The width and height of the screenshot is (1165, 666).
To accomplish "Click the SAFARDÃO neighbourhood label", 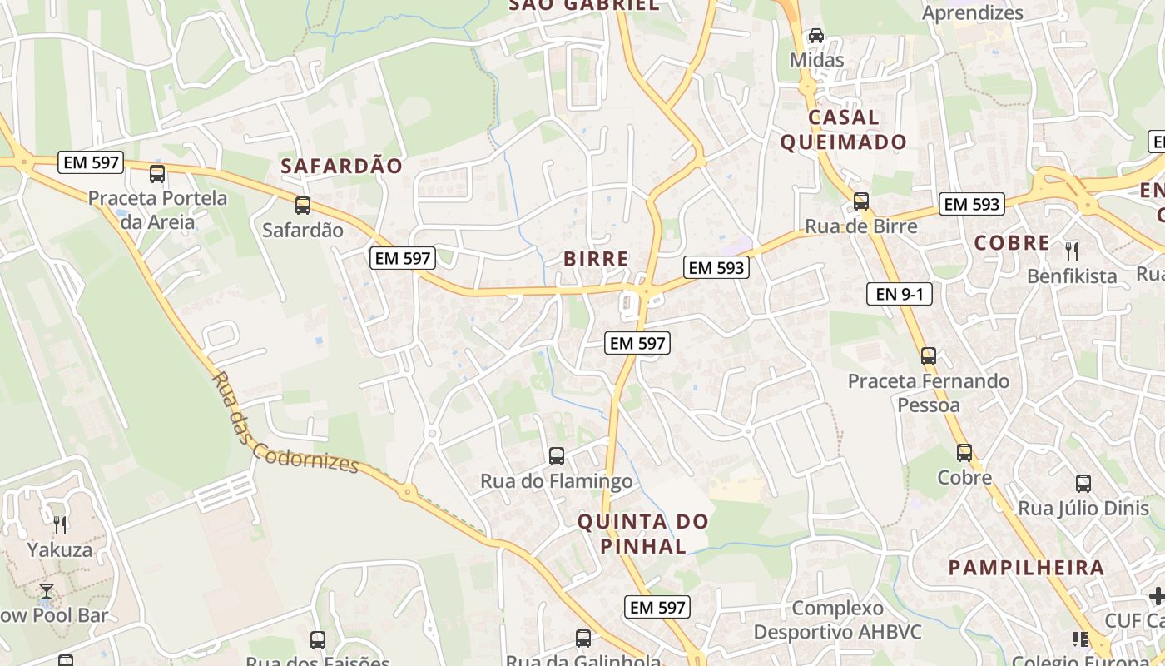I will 341,166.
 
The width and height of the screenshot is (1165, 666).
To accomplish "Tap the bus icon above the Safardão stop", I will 303,205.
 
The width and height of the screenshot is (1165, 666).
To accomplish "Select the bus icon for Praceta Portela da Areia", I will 156,174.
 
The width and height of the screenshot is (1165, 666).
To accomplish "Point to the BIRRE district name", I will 596,259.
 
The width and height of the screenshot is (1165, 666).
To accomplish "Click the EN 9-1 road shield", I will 899,293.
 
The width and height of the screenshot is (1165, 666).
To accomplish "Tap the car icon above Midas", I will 816,36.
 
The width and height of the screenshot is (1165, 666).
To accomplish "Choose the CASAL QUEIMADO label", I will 843,129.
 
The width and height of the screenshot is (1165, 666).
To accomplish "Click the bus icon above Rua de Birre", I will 861,201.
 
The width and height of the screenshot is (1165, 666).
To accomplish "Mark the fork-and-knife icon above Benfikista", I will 1072,250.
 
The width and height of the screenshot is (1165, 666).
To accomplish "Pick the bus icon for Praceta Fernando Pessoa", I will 929,356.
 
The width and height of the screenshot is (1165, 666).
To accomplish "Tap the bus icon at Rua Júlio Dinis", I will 1083,483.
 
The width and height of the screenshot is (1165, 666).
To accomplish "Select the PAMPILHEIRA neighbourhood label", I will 1026,568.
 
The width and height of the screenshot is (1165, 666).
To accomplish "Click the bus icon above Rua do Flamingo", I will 557,456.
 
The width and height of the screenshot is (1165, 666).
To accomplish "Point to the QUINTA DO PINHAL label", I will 643,534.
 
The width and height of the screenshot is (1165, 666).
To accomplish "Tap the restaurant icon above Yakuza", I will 60,524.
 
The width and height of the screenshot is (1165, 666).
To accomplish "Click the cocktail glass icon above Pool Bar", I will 47,591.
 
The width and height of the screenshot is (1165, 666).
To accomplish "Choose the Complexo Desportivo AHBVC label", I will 837,620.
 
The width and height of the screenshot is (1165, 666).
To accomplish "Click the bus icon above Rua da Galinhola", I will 583,639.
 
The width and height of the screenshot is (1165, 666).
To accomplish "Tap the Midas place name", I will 816,60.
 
